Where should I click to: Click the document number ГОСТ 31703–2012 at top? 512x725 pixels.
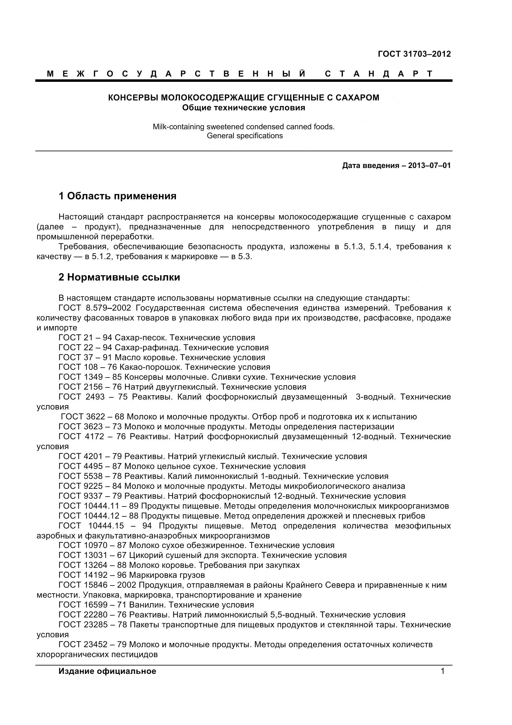414,54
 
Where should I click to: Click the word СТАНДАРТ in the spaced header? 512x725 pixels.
379,74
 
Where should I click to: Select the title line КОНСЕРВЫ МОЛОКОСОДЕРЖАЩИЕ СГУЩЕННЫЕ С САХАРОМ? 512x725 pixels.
243,98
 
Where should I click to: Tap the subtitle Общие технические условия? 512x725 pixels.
243,108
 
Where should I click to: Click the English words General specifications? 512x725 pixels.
244,136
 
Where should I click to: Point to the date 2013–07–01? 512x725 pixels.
429,166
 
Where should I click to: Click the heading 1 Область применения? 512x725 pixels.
117,196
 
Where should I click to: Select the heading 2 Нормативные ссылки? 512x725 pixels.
119,277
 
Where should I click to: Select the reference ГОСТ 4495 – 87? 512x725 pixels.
90,466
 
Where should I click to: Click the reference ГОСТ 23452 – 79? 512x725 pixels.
93,644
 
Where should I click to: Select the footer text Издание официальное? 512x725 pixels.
107,671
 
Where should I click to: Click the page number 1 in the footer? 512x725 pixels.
442,671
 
